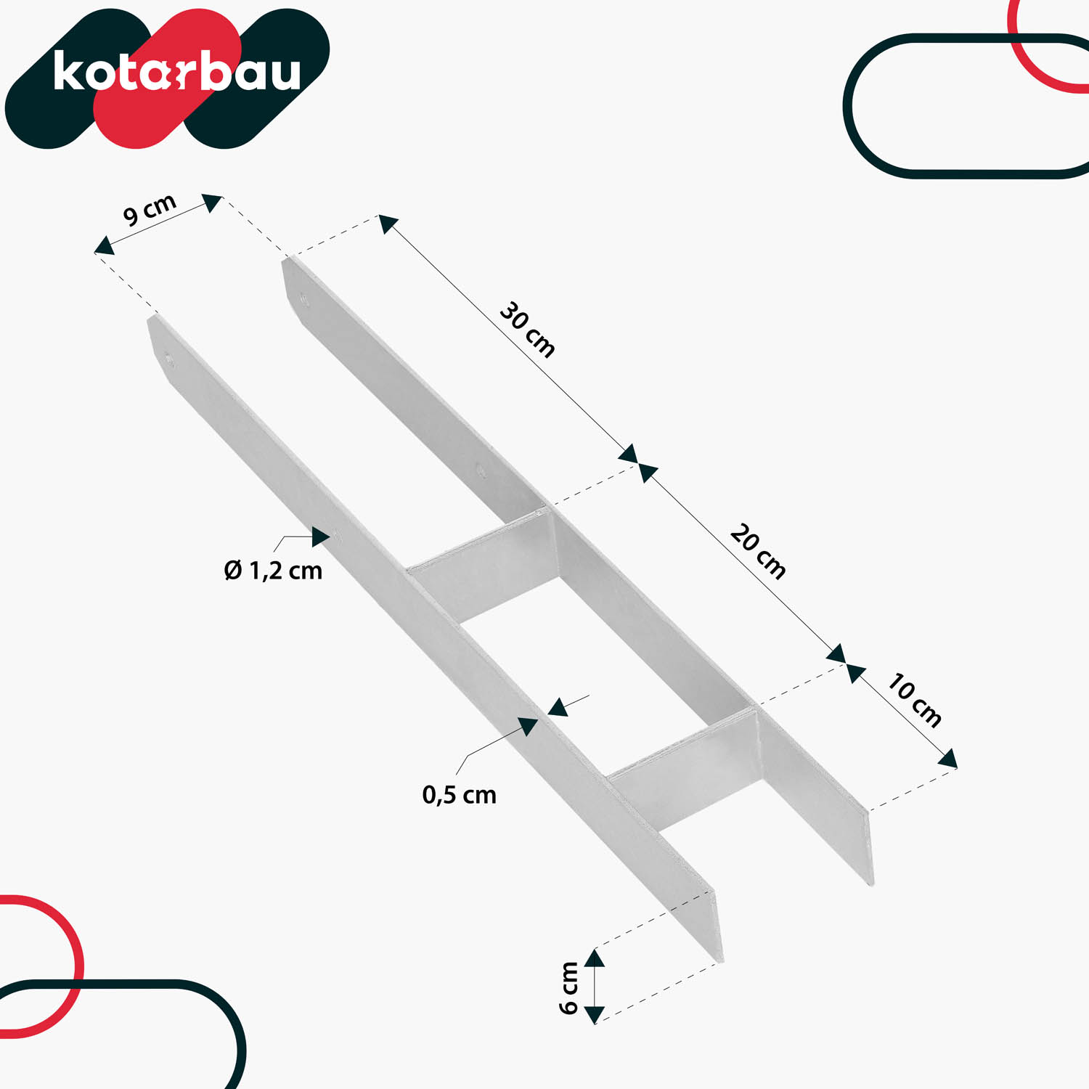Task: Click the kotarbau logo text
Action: point(176,72)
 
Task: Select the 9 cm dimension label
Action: point(150,210)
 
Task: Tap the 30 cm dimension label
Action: point(528,330)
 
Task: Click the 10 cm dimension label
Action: point(915,701)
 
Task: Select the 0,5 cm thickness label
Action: point(459,795)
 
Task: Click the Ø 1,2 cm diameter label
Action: point(273,571)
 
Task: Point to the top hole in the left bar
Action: point(169,358)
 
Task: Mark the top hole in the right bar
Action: point(303,297)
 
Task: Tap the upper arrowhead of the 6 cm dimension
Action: point(595,958)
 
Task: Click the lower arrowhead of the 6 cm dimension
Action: point(595,1014)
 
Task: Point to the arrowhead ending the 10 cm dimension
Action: point(947,759)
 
